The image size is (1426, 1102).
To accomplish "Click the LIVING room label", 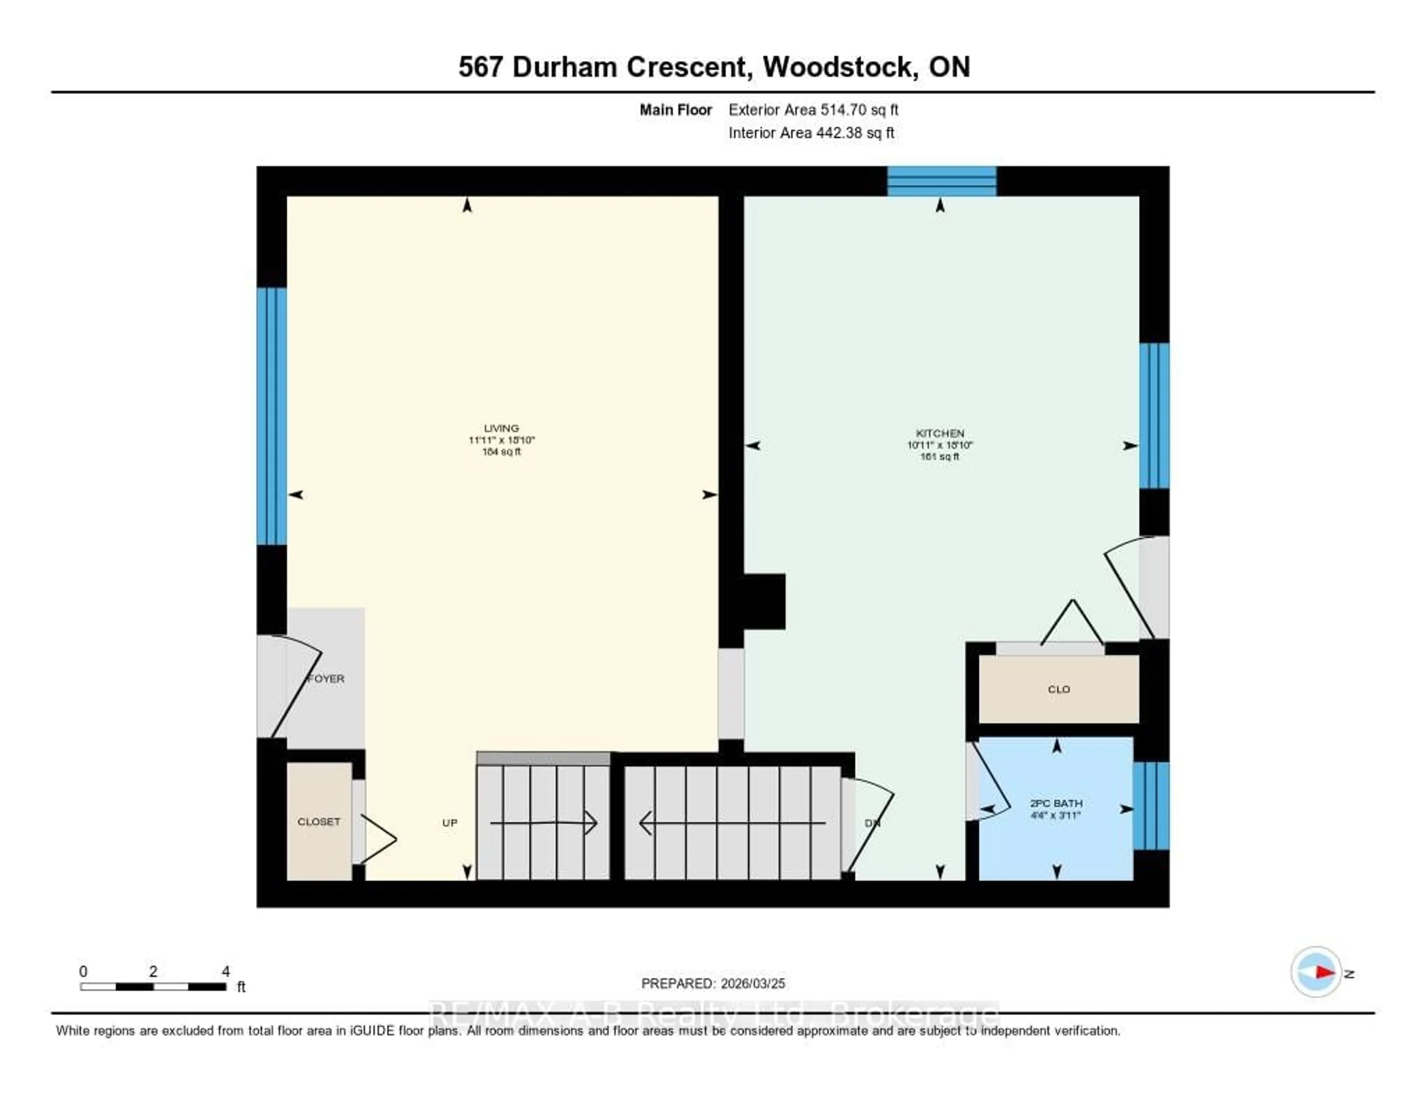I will [501, 428].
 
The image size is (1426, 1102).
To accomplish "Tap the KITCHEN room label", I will [940, 433].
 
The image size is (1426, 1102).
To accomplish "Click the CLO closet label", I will [1058, 689].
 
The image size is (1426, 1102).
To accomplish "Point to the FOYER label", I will [326, 679].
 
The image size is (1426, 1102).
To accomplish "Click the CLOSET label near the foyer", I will [319, 822].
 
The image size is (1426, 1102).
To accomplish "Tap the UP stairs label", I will [449, 823].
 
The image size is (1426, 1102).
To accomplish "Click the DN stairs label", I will [872, 823].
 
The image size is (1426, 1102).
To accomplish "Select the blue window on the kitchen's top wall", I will [941, 181].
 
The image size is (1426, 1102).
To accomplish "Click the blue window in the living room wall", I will [271, 416].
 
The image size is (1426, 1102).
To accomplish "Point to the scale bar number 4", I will [226, 971].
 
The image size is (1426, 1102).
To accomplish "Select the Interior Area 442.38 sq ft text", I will [811, 133].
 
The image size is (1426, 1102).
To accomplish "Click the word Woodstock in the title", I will [838, 67].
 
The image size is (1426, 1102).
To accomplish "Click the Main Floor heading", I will [675, 110].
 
